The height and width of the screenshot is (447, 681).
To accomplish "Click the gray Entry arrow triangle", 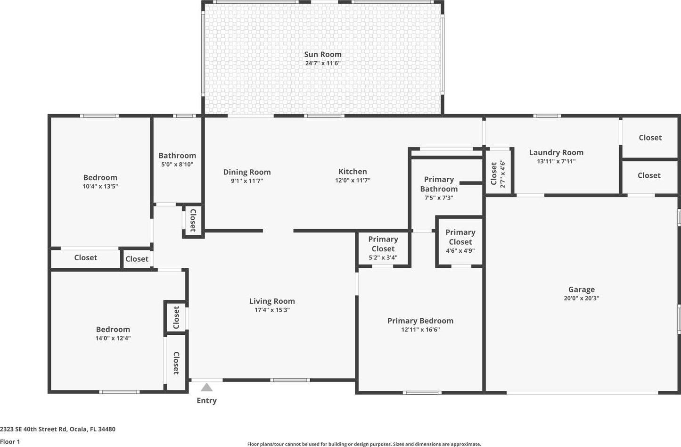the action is coord(207,387).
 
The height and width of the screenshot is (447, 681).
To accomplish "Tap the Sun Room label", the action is coord(323,54).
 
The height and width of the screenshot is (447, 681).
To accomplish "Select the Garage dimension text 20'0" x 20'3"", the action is coord(581,298).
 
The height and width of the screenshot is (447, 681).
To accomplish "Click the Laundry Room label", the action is coord(556,153).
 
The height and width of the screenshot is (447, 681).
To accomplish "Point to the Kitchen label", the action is coord(353,172).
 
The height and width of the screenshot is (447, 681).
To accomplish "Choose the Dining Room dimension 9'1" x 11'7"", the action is coord(247,181).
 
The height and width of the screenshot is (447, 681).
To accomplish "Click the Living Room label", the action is coord(272,301).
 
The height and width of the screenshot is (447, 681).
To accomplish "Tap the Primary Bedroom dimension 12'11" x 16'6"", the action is coord(420,330).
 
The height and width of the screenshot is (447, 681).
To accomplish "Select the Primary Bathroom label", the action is coord(439,184).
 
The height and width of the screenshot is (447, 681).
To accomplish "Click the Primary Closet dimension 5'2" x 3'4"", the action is coord(383,258).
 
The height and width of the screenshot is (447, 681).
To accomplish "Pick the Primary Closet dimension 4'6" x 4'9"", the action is coord(460,251).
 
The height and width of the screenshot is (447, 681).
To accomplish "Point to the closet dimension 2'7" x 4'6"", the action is coord(502,174).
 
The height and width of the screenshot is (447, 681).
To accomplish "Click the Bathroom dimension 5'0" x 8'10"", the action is coord(177,165).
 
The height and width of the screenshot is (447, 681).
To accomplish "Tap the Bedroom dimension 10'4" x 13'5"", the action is coord(100,186).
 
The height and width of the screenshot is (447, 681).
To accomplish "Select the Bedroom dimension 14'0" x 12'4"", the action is coord(113,338).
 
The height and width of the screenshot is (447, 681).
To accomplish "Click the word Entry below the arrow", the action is coord(207,400).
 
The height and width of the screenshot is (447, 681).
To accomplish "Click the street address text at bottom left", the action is coord(58,429).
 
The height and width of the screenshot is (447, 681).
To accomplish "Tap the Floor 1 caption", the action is coord(10,442).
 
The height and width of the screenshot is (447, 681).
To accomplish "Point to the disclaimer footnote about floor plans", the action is coord(364,444).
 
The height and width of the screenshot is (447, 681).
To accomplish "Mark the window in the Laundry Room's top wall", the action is coord(547,116).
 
